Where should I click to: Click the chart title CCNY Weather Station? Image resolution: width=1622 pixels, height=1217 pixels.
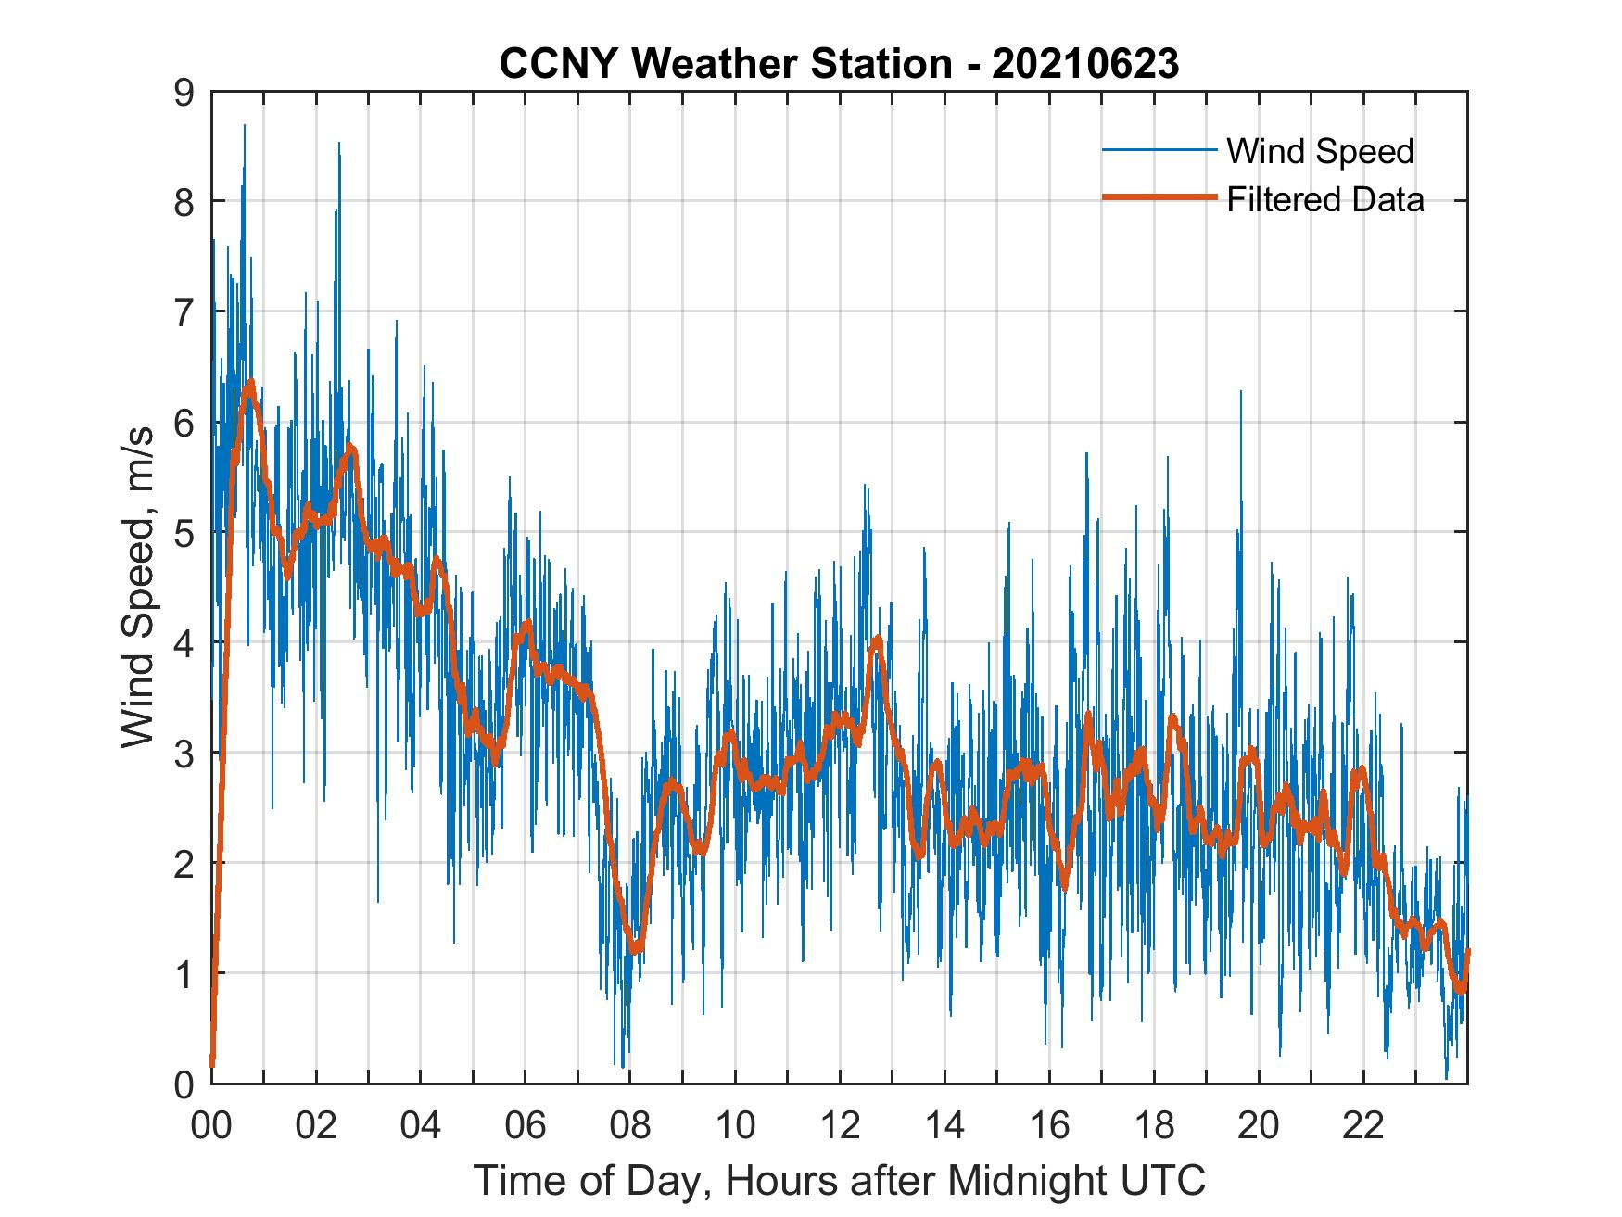725,64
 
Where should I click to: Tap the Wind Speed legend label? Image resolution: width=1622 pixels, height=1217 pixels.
1320,151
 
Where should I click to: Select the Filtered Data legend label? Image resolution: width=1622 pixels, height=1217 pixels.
1324,199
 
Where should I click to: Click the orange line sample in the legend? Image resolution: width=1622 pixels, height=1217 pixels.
1159,197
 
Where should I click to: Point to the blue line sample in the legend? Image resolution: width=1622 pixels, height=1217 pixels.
1159,149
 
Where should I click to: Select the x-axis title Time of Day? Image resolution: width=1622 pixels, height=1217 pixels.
840,1180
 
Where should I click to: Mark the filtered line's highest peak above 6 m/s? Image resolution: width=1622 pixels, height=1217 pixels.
250,383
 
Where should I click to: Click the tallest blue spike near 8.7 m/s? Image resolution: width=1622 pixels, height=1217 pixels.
245,125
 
